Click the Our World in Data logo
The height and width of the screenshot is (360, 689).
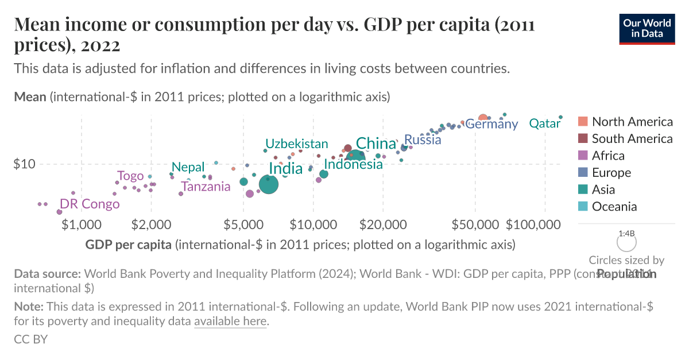(x=647, y=27)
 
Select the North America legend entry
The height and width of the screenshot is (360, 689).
(x=632, y=122)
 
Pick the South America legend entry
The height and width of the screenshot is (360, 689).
(x=632, y=139)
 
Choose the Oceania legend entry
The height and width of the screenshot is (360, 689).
(x=614, y=207)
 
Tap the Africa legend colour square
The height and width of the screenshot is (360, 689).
(x=583, y=156)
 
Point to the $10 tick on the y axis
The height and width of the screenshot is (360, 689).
(x=24, y=164)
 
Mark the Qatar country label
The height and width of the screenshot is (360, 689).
(x=544, y=123)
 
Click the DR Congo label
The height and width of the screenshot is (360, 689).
(x=90, y=204)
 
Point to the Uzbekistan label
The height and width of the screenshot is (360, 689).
(x=296, y=144)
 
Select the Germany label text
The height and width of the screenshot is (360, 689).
(x=491, y=123)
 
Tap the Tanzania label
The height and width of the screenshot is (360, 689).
(x=206, y=186)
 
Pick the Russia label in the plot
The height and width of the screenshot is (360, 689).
(x=423, y=140)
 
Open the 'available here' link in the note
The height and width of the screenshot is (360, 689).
(x=230, y=322)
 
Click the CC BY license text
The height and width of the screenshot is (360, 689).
(x=30, y=339)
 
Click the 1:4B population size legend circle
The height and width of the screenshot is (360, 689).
(x=626, y=243)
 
